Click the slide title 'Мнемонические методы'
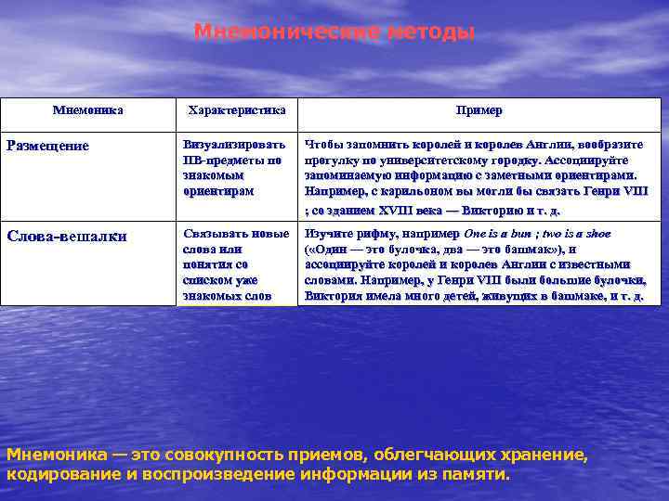click(334, 32)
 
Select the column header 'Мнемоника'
click(88, 110)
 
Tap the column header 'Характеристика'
click(237, 110)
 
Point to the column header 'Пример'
click(479, 110)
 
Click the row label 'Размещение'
click(48, 146)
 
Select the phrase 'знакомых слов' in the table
click(228, 296)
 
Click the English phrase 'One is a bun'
click(499, 234)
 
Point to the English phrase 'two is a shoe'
click(575, 234)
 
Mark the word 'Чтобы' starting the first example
click(324, 145)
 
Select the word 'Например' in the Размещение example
click(334, 190)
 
